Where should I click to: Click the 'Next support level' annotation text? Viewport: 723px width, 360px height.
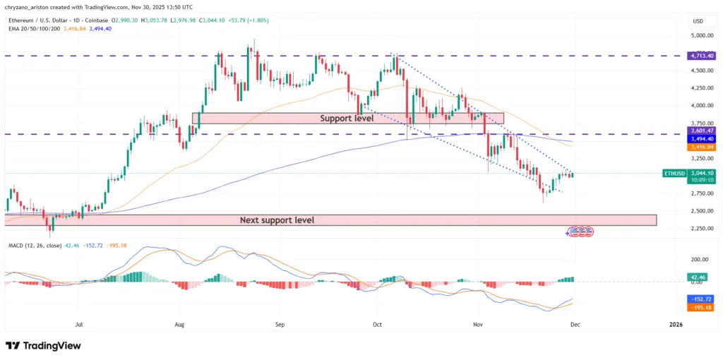(x=277, y=220)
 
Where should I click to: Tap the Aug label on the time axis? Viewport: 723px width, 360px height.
(x=179, y=325)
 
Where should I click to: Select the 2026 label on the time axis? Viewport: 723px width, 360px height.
(x=676, y=325)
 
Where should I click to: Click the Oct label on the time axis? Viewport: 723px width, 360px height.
(x=377, y=325)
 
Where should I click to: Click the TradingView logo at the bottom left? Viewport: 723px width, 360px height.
(x=42, y=346)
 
